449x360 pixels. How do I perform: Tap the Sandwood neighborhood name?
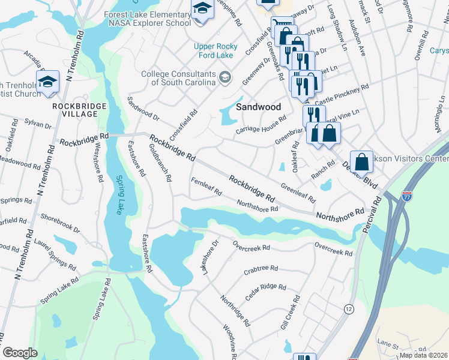(258, 107)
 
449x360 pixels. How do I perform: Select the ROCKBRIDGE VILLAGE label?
(79, 110)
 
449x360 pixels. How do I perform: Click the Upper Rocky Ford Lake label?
(221, 51)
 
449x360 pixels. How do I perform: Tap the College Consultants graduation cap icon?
(225, 76)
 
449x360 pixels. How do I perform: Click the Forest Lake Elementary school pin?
(202, 10)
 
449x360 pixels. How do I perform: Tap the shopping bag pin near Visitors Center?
(361, 161)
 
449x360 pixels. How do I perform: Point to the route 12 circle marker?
(348, 308)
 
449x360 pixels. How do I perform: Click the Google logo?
(20, 353)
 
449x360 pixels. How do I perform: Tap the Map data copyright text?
(424, 355)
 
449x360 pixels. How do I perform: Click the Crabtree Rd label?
(261, 270)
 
